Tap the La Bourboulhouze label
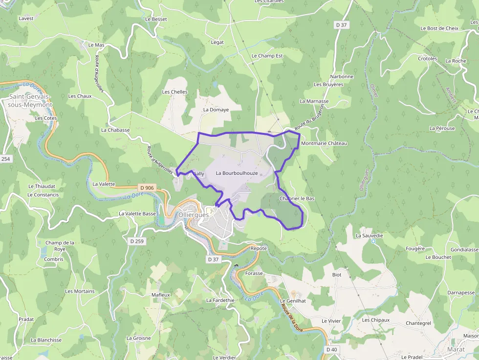237,173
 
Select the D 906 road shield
147,188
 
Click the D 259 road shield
137,241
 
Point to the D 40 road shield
332,349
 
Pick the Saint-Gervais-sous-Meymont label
30,101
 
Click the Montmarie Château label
324,143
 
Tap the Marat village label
456,349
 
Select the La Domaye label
216,110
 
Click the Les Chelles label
174,92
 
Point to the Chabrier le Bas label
297,199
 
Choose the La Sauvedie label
369,235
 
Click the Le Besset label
156,19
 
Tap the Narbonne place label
342,77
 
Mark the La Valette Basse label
137,213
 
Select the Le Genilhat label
293,301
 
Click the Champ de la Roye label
60,246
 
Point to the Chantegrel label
418,323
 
